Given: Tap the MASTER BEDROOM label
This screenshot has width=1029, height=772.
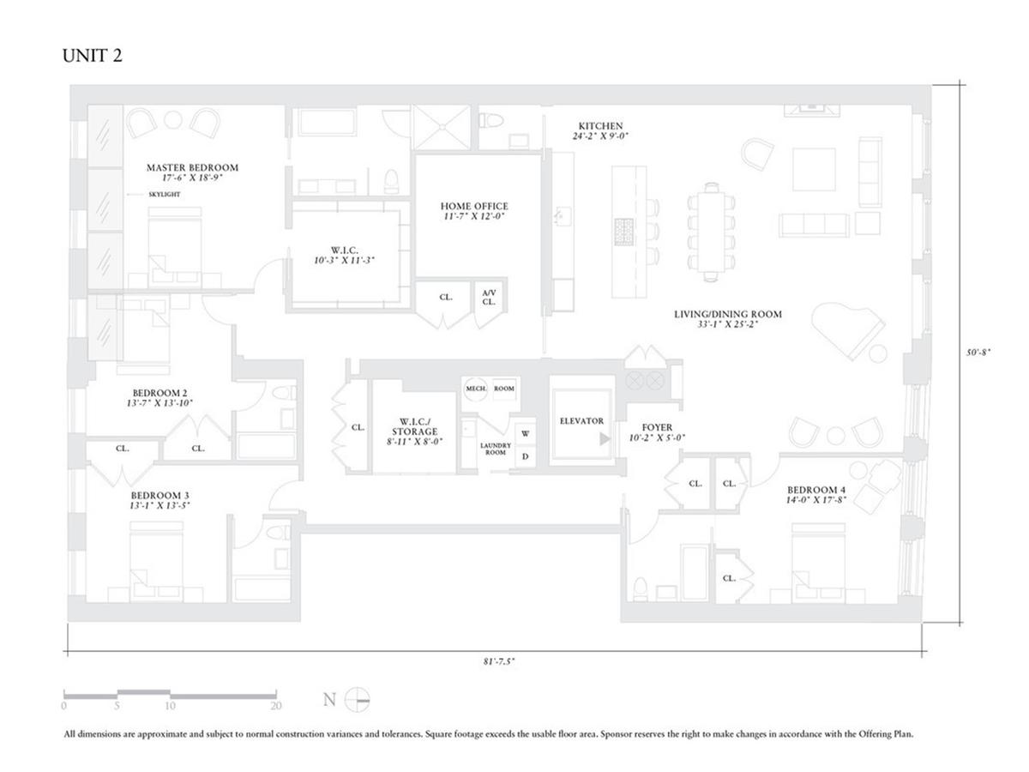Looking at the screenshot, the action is [192, 168].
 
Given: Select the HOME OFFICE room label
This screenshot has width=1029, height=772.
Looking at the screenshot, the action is [474, 207].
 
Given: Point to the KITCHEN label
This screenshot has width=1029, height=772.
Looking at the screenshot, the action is [600, 126].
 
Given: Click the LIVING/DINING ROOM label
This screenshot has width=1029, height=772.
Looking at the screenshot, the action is [727, 314].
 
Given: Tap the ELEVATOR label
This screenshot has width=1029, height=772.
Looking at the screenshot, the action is [581, 421].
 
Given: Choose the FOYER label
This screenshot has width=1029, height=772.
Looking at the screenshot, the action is [657, 426].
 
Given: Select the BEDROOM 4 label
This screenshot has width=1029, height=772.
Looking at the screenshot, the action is [817, 490].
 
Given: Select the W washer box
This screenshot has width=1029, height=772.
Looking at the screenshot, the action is [526, 434].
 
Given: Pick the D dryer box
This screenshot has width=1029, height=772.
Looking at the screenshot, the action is [526, 456].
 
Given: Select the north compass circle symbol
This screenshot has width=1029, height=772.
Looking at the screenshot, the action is [358, 700].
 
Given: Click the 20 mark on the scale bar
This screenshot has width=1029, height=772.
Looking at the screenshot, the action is [275, 707].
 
